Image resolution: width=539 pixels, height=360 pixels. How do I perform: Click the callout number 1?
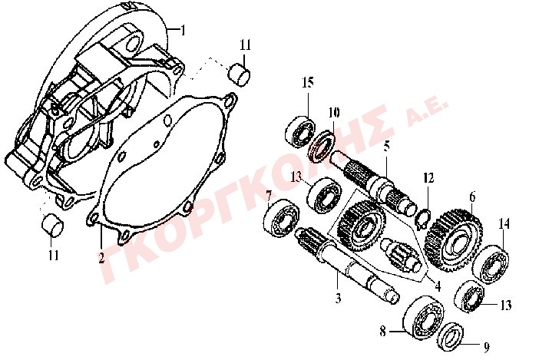183,30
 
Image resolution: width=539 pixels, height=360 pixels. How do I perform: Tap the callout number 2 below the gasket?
101,257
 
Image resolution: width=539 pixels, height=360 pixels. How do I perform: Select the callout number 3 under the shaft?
339,298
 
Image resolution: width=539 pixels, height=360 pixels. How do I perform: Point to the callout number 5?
387,146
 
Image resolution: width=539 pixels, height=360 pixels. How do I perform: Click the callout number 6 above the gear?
472,197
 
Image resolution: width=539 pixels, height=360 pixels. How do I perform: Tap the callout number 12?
428,178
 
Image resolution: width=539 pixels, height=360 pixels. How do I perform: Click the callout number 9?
487,348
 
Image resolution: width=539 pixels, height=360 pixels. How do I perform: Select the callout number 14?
504,224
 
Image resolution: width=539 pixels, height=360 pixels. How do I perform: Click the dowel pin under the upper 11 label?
240,74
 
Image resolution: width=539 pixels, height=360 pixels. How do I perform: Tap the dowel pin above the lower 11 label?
52,225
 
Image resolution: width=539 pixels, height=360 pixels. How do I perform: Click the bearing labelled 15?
300,131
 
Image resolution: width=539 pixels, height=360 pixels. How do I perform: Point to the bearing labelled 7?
282,220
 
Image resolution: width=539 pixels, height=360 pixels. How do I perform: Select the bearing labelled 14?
491,265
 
